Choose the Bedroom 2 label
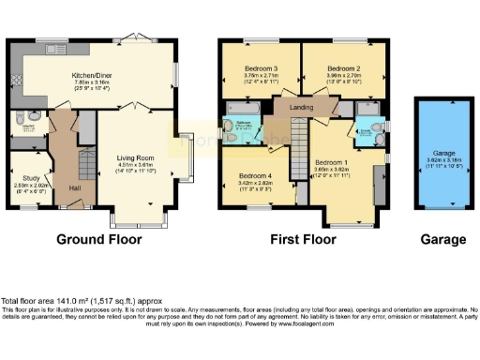tap(343, 68)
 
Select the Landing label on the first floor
tap(303, 108)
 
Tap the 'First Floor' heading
tap(304, 239)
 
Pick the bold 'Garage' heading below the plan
tap(442, 239)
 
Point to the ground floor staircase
tap(84, 167)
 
